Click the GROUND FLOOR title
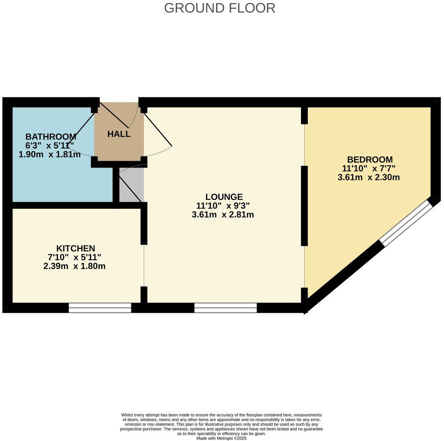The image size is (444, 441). pyautogui.click(x=219, y=8)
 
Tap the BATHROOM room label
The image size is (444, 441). pyautogui.click(x=51, y=137)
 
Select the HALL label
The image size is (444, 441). pyautogui.click(x=119, y=134)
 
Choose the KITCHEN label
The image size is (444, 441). pyautogui.click(x=75, y=248)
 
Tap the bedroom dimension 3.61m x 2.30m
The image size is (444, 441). pyautogui.click(x=369, y=178)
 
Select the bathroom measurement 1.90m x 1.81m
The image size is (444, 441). pyautogui.click(x=50, y=154)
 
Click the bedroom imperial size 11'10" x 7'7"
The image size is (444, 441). pyautogui.click(x=369, y=168)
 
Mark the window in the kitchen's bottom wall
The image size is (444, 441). pyautogui.click(x=100, y=308)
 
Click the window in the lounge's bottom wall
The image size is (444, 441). pyautogui.click(x=226, y=308)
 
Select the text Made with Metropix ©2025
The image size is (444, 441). pyautogui.click(x=222, y=438)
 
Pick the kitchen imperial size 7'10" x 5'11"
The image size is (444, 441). pyautogui.click(x=75, y=258)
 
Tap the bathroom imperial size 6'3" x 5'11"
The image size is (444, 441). pyautogui.click(x=50, y=145)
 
